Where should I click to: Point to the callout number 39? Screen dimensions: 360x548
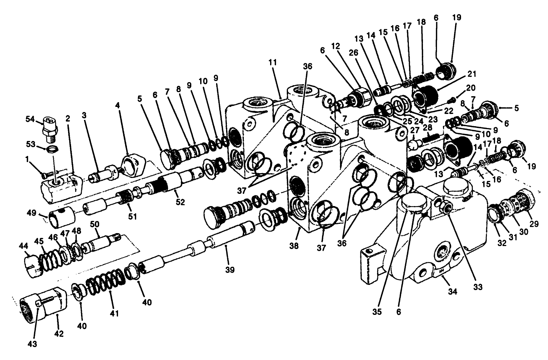click(230, 270)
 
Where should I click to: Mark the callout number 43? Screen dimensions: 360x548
click(33, 344)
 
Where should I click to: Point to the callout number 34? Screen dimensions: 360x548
click(453, 291)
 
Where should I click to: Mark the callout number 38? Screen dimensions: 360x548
click(294, 246)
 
